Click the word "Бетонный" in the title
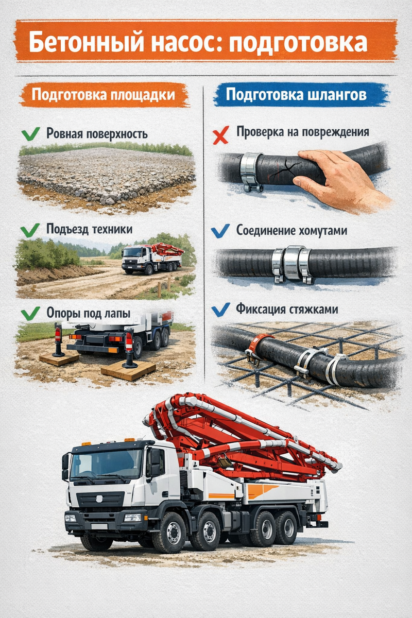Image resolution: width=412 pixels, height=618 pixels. coord(86,42)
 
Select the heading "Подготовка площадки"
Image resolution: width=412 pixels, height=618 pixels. coord(103,95)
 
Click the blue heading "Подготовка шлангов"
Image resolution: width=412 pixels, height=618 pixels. coord(296,95)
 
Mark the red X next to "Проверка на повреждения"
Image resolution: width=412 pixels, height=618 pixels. coord(221,135)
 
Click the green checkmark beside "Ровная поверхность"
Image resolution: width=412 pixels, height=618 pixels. coord(30,134)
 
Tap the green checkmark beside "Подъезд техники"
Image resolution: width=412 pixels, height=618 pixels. coord(30,230)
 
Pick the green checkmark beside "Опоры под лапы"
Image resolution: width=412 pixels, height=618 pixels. coord(30,314)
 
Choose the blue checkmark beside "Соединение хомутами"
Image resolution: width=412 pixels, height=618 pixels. coord(220,231)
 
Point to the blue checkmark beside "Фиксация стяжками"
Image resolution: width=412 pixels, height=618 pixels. coord(220,310)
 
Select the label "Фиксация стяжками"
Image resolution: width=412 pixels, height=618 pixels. coord(287,310)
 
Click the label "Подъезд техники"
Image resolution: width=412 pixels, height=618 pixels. coord(89,230)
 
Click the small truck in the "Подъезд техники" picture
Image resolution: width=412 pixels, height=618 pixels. coord(152,259)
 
